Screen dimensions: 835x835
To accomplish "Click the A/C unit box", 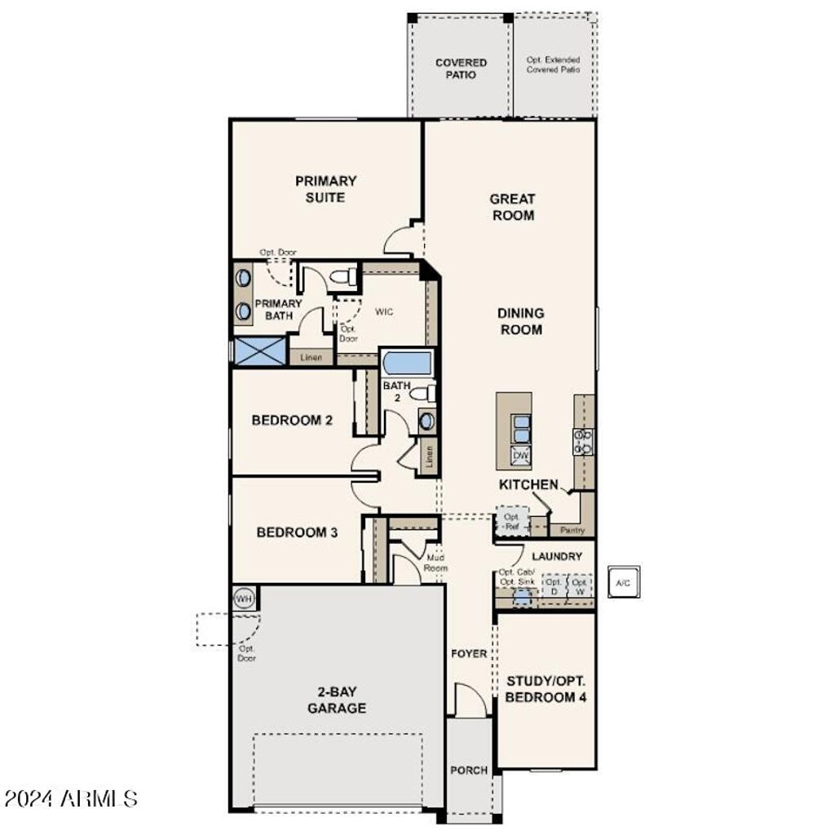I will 623,582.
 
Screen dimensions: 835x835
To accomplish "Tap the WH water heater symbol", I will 244,599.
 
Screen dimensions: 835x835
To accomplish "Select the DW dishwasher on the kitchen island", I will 521,456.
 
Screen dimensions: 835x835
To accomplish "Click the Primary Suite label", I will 325,189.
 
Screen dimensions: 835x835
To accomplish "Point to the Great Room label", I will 512,207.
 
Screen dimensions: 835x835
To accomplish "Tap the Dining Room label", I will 521,321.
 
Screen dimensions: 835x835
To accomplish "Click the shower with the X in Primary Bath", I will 259,351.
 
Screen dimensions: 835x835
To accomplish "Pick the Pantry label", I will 572,530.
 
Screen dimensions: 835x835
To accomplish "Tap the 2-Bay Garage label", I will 336,700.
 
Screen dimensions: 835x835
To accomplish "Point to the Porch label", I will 469,770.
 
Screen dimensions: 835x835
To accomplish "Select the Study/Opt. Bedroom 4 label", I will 546,689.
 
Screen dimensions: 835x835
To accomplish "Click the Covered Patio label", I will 461,68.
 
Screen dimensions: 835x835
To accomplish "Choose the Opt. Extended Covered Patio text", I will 553,65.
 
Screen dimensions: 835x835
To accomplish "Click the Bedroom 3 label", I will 297,532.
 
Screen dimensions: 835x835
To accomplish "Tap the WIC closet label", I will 384,311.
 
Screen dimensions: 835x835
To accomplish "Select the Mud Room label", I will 436,563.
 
